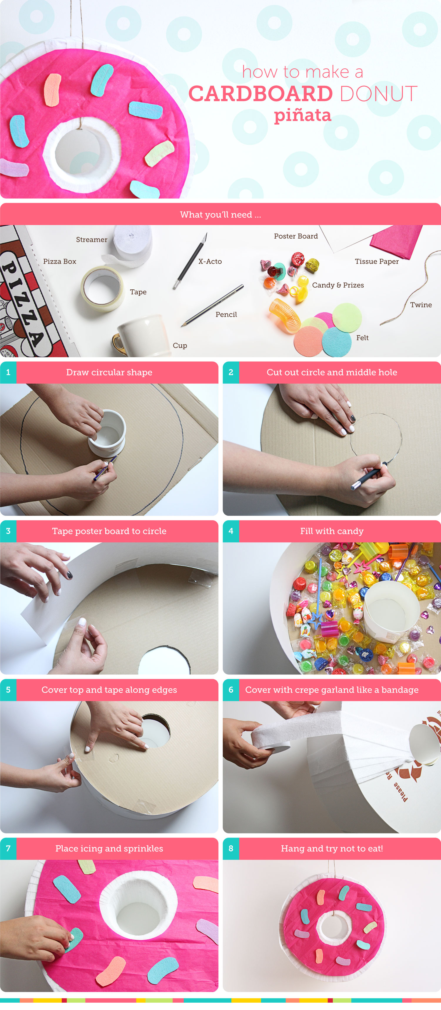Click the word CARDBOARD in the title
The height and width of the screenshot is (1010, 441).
pyautogui.click(x=260, y=94)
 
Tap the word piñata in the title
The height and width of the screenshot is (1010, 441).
pyautogui.click(x=303, y=115)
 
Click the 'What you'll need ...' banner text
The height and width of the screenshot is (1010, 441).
pyautogui.click(x=220, y=214)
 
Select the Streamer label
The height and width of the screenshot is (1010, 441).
pyautogui.click(x=91, y=239)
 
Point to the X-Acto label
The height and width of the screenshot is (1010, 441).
pyautogui.click(x=210, y=261)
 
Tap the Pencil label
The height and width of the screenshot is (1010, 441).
pyautogui.click(x=226, y=314)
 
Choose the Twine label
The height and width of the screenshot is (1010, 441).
pyautogui.click(x=421, y=305)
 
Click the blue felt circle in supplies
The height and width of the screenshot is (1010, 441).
pyautogui.click(x=337, y=341)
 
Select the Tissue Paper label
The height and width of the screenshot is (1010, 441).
pyautogui.click(x=377, y=261)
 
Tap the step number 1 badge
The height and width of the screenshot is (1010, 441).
pyautogui.click(x=8, y=372)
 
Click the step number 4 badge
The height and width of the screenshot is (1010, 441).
pyautogui.click(x=231, y=531)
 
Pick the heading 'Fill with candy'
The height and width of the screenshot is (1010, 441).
pyautogui.click(x=332, y=531)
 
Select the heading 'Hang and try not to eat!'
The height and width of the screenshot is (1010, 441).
pyautogui.click(x=332, y=848)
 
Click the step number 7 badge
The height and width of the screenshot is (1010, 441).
pyautogui.click(x=8, y=848)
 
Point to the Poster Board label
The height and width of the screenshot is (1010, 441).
pyautogui.click(x=295, y=236)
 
